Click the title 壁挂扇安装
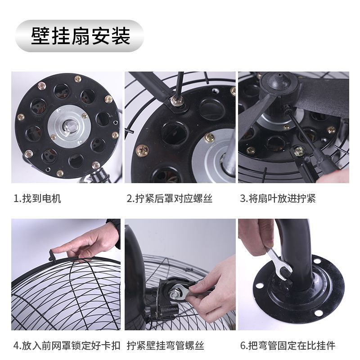81,36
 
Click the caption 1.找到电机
37,198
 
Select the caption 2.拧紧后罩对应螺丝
170,198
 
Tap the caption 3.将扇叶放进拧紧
278,198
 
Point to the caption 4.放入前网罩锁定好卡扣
67,346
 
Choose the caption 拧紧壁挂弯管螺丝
166,346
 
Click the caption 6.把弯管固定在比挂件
288,346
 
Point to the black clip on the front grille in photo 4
53,256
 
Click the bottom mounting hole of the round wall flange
318,313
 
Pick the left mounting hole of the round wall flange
260,286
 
